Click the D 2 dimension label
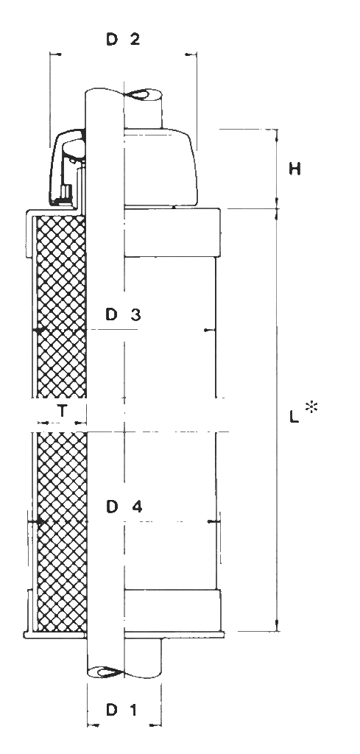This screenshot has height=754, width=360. (123, 40)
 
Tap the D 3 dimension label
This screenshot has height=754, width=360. (123, 315)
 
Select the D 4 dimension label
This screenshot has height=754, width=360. (124, 507)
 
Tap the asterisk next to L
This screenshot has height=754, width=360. (312, 408)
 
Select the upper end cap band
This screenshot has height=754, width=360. (172, 232)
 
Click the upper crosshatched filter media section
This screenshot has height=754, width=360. (62, 307)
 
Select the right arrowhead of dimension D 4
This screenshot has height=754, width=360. (211, 521)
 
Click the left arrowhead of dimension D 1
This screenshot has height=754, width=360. (94, 725)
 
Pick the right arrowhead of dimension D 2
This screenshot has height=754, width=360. (191, 55)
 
